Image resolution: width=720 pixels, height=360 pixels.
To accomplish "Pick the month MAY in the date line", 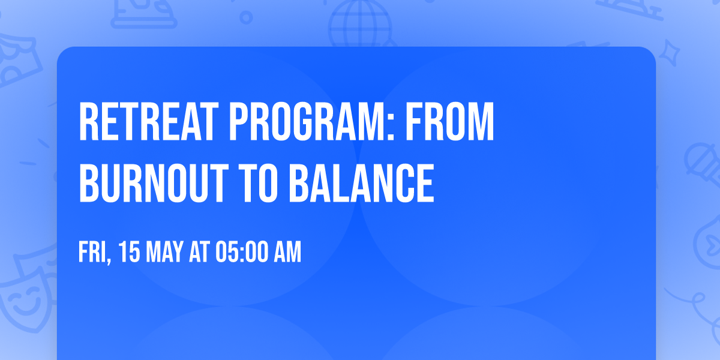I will coord(163,253).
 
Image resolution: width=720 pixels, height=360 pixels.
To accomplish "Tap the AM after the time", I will coord(286,253).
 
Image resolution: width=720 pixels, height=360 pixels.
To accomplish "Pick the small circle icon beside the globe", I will coord(246,17).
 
